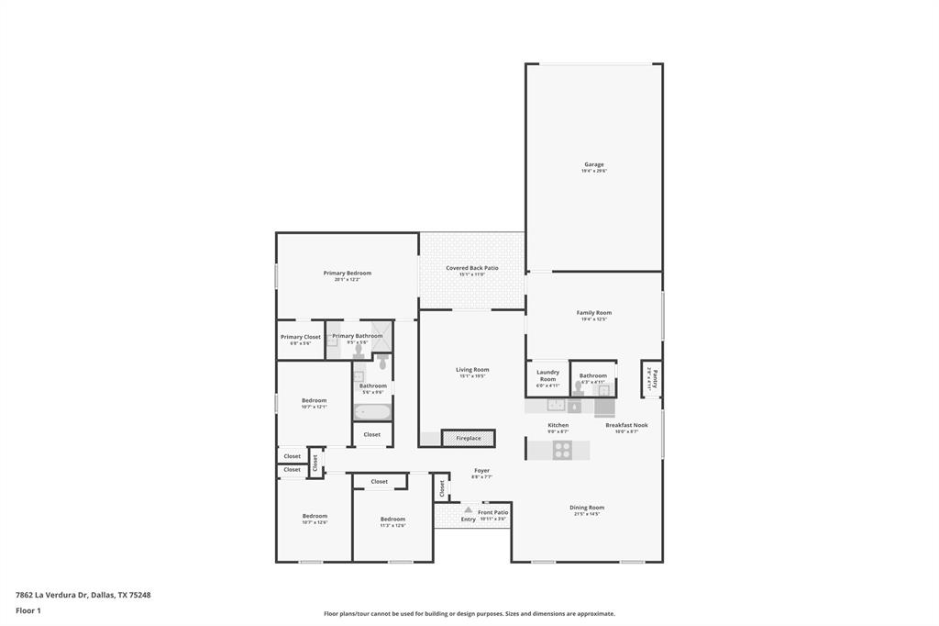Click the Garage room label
point(594,164)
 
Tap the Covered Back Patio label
point(472,268)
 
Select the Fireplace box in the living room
point(469,438)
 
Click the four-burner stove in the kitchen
point(562,450)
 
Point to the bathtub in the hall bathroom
point(372,411)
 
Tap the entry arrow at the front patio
point(469,509)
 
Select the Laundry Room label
point(547,375)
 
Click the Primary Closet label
point(301,337)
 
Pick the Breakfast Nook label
point(626,425)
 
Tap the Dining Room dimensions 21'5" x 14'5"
point(587,514)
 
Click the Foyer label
point(481,470)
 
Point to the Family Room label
point(594,312)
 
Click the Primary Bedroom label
point(347,273)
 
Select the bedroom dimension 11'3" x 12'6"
point(392,526)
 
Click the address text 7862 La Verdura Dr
point(51,595)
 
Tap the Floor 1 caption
point(28,610)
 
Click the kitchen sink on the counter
point(556,405)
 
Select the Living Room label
point(472,370)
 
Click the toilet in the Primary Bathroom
point(358,350)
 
